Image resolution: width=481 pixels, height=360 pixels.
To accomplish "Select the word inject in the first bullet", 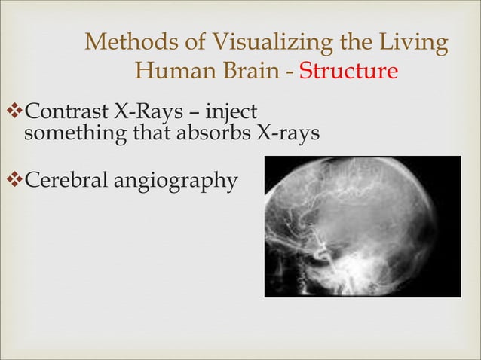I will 231,114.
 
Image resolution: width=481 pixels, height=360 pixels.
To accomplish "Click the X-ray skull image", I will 362,226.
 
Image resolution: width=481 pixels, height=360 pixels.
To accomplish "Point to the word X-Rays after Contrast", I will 147,114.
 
